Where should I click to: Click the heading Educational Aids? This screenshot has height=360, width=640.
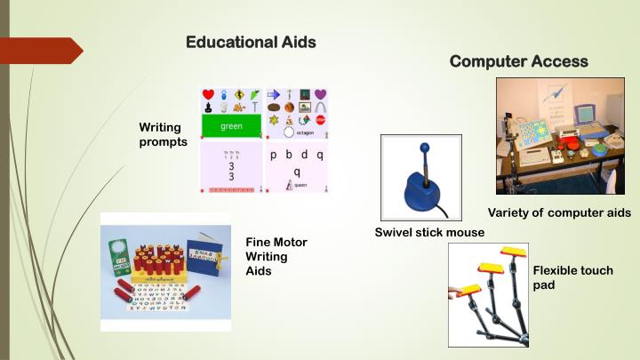click(x=251, y=42)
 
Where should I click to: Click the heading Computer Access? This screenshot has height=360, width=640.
click(x=518, y=61)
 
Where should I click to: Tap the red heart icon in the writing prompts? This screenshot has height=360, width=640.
click(x=209, y=94)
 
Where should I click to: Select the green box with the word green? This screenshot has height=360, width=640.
click(x=231, y=126)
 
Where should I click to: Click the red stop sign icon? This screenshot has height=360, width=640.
click(x=320, y=119)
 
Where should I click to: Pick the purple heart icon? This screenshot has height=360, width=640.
click(x=321, y=93)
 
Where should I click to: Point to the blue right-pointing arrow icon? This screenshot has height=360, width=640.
click(x=274, y=93)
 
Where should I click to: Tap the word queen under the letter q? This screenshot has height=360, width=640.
click(x=301, y=185)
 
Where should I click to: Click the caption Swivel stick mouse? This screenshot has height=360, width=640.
click(x=429, y=233)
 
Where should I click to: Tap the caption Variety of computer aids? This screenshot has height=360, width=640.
click(x=559, y=212)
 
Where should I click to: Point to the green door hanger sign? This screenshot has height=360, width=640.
click(x=120, y=252)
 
